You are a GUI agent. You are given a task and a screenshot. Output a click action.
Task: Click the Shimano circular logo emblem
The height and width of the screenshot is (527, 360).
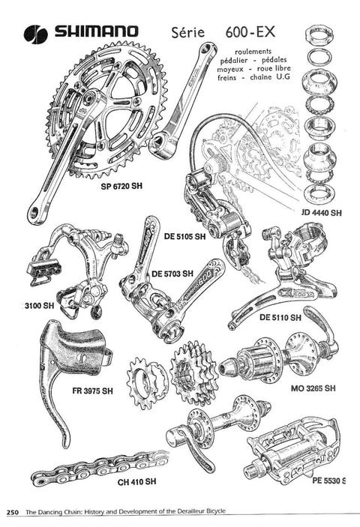point(36,34)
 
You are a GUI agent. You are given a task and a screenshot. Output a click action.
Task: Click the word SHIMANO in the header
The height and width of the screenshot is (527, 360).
point(97,31)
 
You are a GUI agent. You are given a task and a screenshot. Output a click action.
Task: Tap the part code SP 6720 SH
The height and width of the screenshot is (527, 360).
point(121,186)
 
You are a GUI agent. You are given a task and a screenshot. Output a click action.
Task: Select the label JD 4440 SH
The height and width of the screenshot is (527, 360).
point(322,212)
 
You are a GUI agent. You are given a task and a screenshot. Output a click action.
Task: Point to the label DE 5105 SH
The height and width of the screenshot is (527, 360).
point(184,237)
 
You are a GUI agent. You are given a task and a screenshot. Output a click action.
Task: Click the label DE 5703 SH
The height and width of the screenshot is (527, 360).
point(172,274)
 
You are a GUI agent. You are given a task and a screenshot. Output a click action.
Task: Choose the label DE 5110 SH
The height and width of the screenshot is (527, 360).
point(280,317)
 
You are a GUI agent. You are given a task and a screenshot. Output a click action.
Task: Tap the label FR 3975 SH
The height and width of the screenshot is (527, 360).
point(93,391)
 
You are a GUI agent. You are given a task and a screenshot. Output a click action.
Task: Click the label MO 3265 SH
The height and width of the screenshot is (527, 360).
point(313,388)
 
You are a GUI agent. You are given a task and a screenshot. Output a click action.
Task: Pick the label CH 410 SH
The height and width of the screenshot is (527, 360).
point(136,481)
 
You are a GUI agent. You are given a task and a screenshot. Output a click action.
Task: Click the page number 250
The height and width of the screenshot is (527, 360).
point(13,512)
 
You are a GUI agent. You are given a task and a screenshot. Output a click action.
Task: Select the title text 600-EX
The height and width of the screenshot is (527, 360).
point(250,32)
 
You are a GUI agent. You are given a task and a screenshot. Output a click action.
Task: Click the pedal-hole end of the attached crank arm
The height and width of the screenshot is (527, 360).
point(35,211)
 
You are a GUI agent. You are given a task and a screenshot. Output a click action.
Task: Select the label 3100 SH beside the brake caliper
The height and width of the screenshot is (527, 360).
point(39,306)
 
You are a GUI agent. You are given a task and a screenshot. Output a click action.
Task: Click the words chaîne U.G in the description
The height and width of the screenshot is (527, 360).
point(270,77)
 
